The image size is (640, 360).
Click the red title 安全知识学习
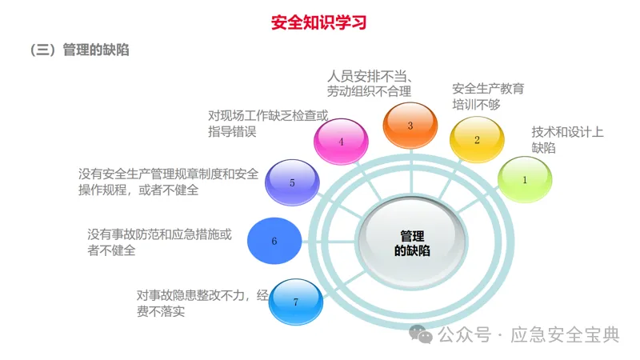(318, 22)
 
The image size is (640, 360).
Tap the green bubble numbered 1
(525, 179)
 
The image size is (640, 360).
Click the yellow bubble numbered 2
(477, 140)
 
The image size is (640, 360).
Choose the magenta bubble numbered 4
(342, 142)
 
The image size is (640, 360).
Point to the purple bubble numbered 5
(292, 182)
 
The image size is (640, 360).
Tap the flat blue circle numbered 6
(274, 240)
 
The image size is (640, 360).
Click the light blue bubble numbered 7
(296, 302)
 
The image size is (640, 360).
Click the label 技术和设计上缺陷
(567, 140)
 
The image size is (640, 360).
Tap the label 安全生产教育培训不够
(488, 96)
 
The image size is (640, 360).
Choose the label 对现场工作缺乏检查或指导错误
(267, 123)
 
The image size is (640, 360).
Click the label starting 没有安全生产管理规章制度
(168, 182)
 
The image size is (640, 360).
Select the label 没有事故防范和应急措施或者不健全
(160, 242)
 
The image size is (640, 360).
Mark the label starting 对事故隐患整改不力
(203, 302)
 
